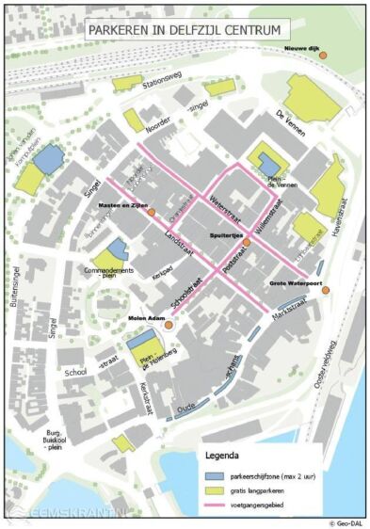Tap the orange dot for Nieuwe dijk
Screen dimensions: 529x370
click(x=322, y=56)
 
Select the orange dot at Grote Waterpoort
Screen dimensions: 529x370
click(x=325, y=290)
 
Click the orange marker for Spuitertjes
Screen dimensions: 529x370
click(x=247, y=242)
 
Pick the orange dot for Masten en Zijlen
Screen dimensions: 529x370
click(x=150, y=213)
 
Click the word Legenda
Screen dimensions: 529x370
click(x=228, y=457)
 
